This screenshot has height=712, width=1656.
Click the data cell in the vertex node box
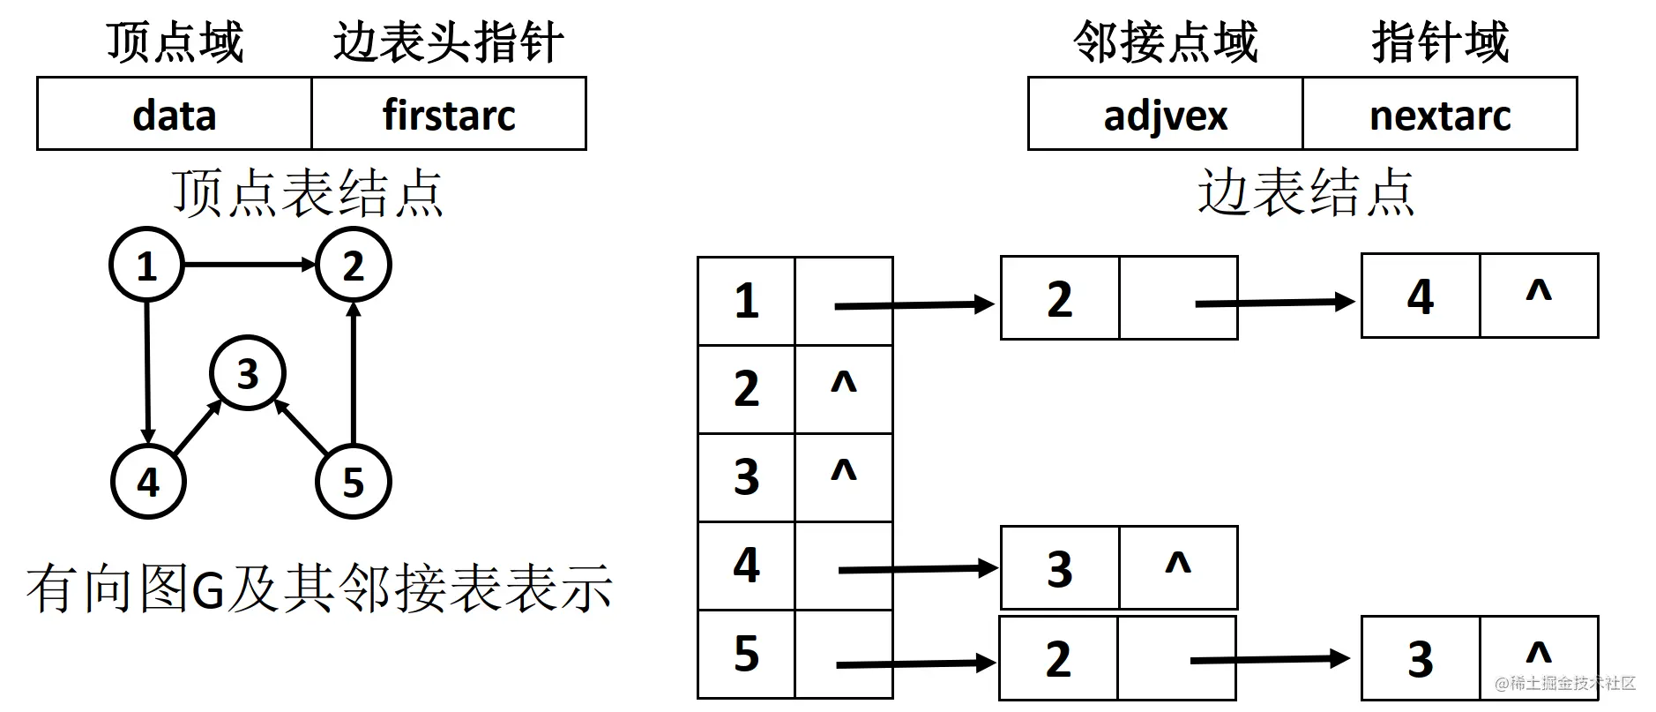[175, 114]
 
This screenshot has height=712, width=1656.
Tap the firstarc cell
[449, 114]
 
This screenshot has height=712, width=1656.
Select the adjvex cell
[1165, 114]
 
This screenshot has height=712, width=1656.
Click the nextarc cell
[1440, 114]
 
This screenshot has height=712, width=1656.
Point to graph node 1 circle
[146, 265]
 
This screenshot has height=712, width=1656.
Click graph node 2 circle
[353, 265]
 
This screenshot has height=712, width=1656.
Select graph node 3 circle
[248, 373]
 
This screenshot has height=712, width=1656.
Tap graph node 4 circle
[148, 482]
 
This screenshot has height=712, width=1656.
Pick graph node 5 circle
[353, 482]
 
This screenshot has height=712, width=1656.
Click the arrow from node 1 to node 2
[250, 264]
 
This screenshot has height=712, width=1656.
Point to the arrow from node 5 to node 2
[353, 372]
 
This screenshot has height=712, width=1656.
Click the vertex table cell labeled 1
[746, 301]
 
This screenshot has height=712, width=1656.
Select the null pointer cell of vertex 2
[844, 389]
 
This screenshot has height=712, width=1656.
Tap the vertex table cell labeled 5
[746, 654]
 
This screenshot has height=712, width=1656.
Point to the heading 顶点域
[175, 41]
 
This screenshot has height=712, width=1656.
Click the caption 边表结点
[1306, 191]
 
